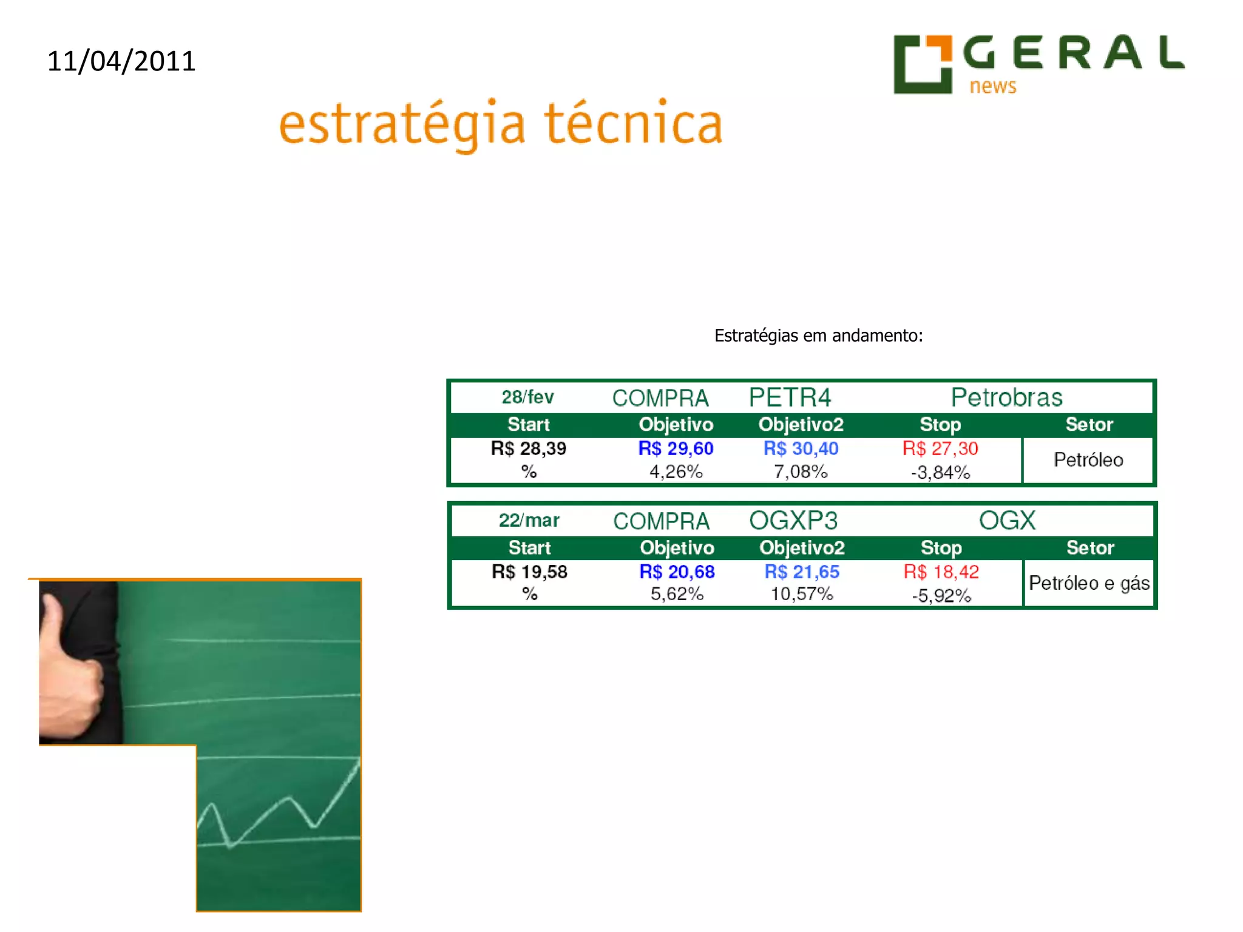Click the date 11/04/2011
(x=121, y=61)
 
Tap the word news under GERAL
(x=992, y=86)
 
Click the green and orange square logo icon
(x=922, y=64)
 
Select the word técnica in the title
(x=633, y=124)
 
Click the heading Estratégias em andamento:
(x=818, y=336)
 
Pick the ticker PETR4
(x=790, y=398)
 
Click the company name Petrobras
(x=1006, y=398)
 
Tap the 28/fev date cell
(x=527, y=397)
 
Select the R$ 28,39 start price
(x=528, y=448)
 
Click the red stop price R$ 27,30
(x=940, y=448)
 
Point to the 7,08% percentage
(x=801, y=471)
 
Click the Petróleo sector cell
(x=1088, y=460)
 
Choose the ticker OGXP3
(x=793, y=521)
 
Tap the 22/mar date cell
(x=529, y=521)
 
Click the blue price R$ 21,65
(x=802, y=572)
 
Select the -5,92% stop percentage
(x=941, y=595)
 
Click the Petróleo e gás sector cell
(x=1089, y=583)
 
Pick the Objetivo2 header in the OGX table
(x=802, y=548)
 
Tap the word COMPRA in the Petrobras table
(x=660, y=398)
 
